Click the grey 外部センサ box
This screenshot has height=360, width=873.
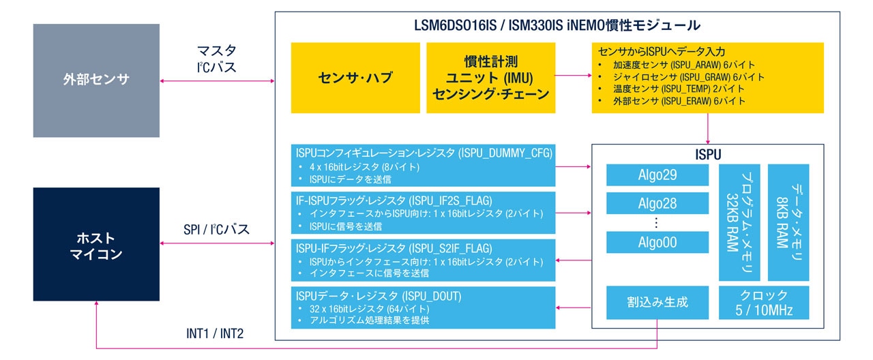[x=96, y=80]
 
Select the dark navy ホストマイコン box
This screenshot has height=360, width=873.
[x=96, y=244]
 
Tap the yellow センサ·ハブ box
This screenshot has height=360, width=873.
[x=355, y=78]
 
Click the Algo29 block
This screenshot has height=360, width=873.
[x=657, y=175]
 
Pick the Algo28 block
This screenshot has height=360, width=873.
[x=657, y=204]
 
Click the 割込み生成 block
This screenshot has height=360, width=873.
[x=657, y=302]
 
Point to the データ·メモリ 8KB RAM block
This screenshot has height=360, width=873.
[x=788, y=222]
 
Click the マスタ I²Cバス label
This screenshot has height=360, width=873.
[x=216, y=59]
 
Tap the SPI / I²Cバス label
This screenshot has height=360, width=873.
[x=216, y=229]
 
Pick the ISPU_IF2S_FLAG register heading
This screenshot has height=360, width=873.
[x=394, y=200]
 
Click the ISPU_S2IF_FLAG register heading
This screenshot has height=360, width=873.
[x=394, y=248]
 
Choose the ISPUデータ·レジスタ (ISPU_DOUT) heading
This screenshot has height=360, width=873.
[x=379, y=296]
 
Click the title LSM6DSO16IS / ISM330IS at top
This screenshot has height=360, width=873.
[x=557, y=26]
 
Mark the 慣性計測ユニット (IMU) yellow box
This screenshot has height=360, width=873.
[x=490, y=78]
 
